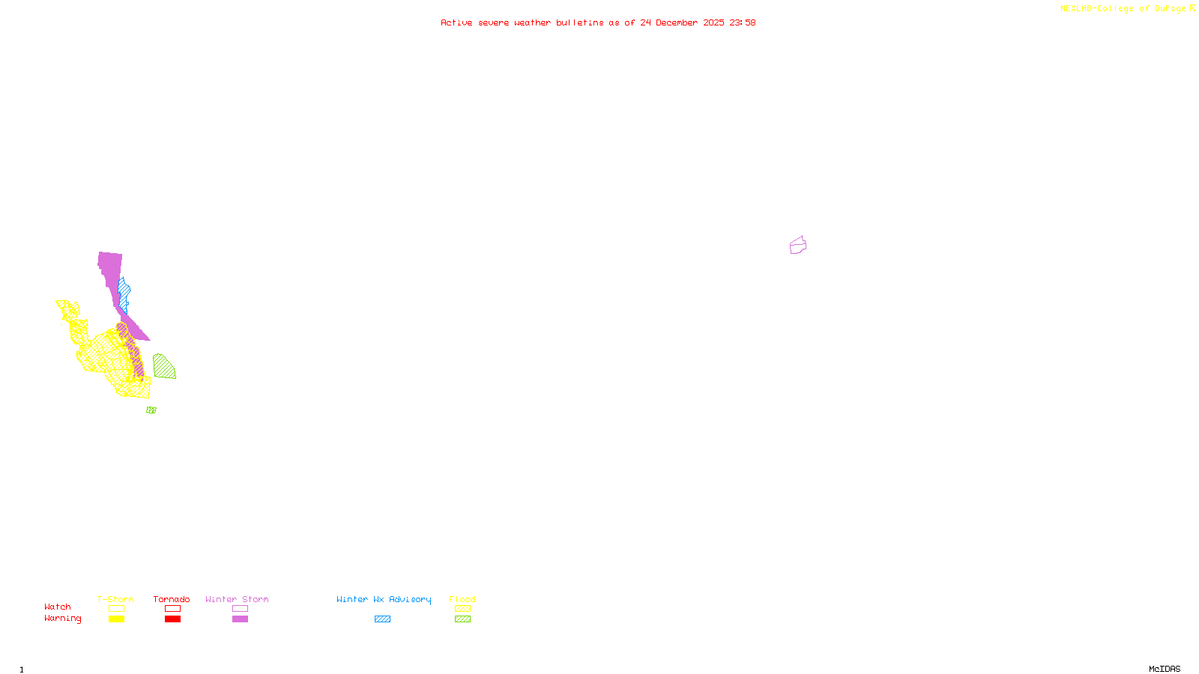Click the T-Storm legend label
point(115,599)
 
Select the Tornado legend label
point(172,599)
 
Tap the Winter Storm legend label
point(237,599)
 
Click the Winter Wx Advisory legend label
point(384,599)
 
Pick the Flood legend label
point(462,599)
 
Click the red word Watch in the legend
point(58,607)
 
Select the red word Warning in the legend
point(62,619)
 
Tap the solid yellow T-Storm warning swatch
point(116,619)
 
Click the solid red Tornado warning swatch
point(172,619)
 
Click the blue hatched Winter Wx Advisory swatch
point(382,619)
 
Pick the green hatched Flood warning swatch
point(462,619)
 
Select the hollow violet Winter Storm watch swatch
point(240,609)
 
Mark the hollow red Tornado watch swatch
point(172,609)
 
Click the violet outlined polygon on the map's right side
point(797,246)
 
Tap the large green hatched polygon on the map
point(163,367)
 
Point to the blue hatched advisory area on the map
point(124,294)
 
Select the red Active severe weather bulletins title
point(598,22)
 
